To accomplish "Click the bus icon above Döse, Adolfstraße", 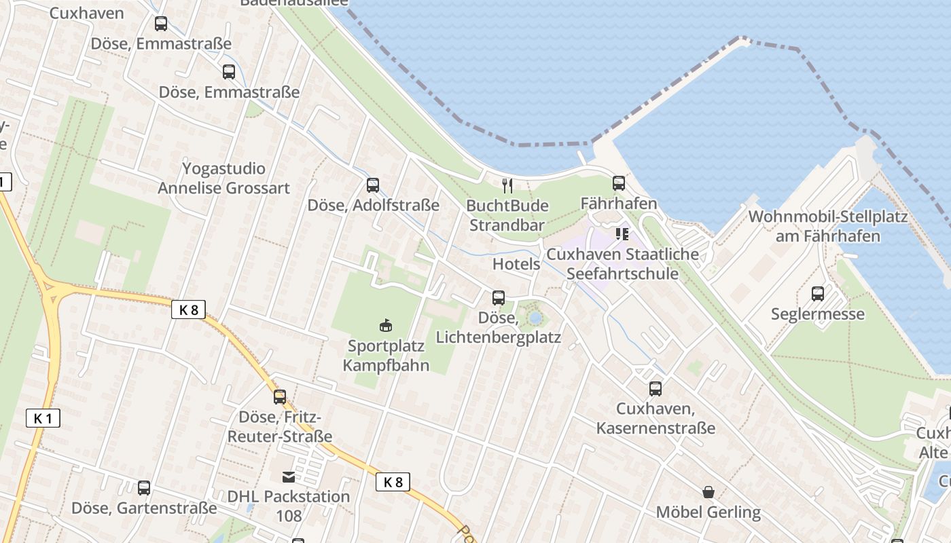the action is (x=372, y=185).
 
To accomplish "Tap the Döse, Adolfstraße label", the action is (x=374, y=205).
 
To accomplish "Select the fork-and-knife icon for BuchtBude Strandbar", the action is (x=507, y=185).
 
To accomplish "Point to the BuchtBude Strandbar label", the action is (x=507, y=214).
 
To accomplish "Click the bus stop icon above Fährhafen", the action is (x=618, y=183).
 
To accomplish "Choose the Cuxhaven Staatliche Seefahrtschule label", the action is (x=622, y=264).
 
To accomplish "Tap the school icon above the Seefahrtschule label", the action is (x=622, y=234).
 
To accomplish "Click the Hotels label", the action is (x=516, y=264).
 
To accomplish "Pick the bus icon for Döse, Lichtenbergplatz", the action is (x=499, y=297).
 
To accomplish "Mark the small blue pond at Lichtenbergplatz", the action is (x=535, y=318).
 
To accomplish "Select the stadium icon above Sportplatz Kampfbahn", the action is (x=386, y=325).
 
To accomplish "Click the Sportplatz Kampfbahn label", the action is (x=386, y=356).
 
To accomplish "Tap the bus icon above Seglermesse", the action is (x=818, y=294).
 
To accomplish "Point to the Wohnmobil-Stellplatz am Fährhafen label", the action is (x=827, y=227).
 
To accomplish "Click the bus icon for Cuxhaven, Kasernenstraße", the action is (x=656, y=389).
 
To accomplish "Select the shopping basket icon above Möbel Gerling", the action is (x=708, y=491).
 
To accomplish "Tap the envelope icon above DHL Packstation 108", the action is (x=289, y=477).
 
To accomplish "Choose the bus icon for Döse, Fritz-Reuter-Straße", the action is (x=280, y=397).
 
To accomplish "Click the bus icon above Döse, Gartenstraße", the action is (x=144, y=487).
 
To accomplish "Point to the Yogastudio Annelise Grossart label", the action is (x=223, y=178).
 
